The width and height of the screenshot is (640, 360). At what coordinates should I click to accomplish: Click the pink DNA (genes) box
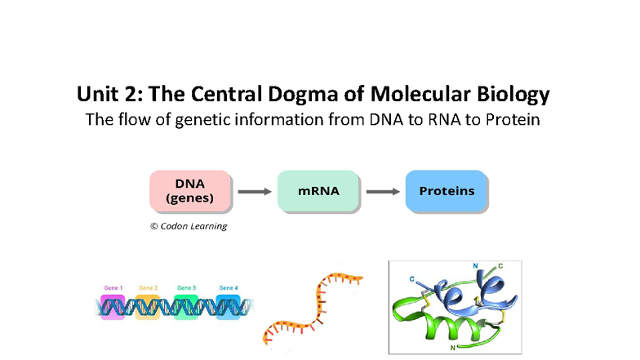(x=190, y=192)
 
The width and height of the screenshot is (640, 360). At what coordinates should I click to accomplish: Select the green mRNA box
(x=318, y=192)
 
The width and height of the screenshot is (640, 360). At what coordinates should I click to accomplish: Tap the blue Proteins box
(x=447, y=192)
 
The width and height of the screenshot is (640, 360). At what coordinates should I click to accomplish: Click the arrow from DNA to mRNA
(x=254, y=193)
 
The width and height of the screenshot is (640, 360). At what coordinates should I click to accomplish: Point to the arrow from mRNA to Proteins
(x=383, y=193)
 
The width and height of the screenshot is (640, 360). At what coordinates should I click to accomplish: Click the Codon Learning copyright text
(x=189, y=226)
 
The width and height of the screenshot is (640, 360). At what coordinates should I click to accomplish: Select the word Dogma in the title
(x=305, y=95)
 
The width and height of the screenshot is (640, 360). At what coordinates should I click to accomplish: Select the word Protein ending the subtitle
(x=513, y=120)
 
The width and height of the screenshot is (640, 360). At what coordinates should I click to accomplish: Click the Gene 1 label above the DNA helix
(x=113, y=287)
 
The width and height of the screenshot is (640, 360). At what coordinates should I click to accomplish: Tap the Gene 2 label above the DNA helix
(x=149, y=287)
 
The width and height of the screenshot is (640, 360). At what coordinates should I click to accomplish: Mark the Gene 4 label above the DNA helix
(x=229, y=287)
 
